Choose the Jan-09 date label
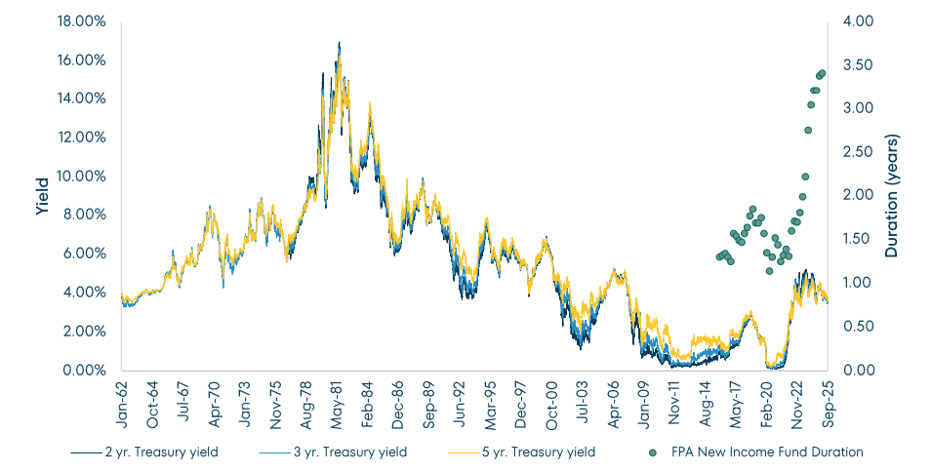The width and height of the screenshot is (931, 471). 645,398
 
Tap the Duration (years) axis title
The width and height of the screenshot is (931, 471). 892,195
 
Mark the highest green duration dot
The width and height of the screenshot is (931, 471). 822,73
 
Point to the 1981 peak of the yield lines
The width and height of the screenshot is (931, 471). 339,43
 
